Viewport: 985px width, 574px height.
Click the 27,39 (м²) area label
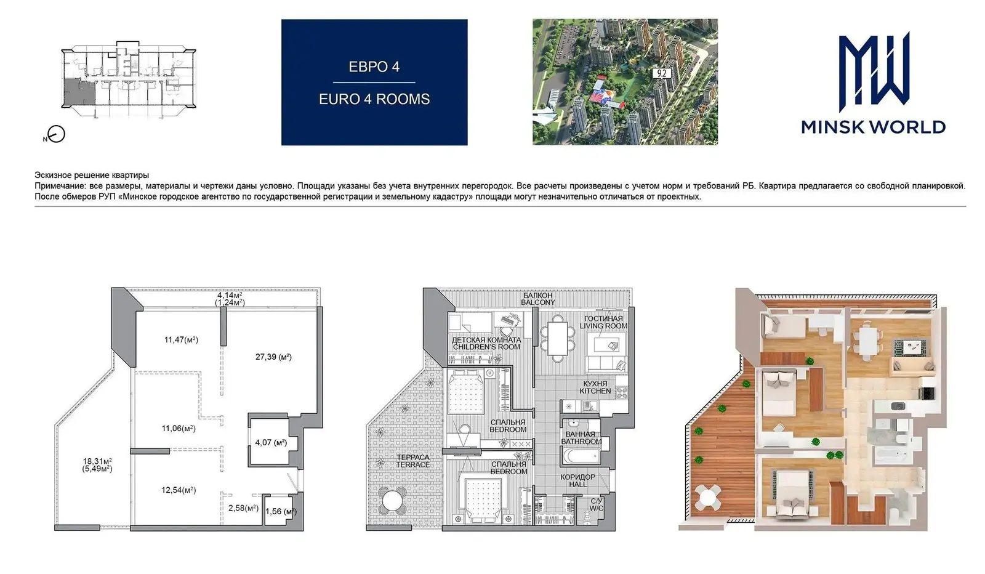click(273, 357)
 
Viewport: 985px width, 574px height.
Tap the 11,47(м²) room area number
click(181, 339)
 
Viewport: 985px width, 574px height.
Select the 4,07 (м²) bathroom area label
click(271, 442)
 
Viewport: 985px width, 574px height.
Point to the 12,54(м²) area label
click(179, 490)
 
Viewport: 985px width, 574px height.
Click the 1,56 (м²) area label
click(281, 512)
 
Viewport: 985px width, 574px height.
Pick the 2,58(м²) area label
click(243, 508)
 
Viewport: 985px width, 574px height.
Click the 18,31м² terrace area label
click(97, 461)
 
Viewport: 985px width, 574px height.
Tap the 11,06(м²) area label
click(179, 429)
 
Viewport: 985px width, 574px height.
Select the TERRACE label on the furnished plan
click(412, 464)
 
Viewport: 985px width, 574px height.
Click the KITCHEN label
click(595, 391)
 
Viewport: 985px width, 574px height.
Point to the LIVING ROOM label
click(603, 326)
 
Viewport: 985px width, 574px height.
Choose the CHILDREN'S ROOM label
click(486, 347)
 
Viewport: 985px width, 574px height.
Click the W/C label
click(597, 509)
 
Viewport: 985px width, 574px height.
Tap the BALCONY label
click(538, 302)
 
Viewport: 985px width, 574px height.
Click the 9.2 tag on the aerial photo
click(661, 73)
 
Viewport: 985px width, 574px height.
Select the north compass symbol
click(56, 134)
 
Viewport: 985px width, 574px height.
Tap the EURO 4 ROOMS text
click(374, 99)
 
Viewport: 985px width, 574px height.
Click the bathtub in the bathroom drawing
click(581, 456)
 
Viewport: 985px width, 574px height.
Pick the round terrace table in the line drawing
click(392, 501)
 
